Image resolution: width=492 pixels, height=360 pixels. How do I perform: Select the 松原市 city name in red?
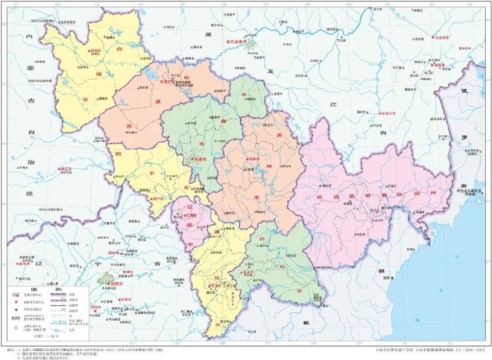pyautogui.click(x=165, y=82)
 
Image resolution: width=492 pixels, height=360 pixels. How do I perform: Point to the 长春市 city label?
pyautogui.click(x=199, y=159)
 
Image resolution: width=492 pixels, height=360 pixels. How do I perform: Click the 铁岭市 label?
pyautogui.click(x=114, y=252)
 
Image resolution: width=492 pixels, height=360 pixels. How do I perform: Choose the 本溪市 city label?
pyautogui.click(x=126, y=300)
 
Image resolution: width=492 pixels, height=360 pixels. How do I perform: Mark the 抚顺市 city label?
pyautogui.click(x=128, y=272)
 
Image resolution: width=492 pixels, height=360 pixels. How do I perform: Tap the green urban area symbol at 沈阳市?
pyautogui.click(x=105, y=278)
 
